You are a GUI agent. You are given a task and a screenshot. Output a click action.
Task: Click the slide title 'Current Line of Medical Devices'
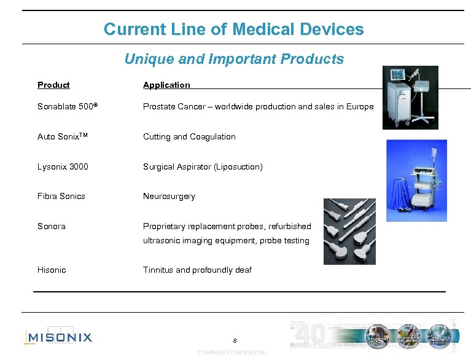coord(233,29)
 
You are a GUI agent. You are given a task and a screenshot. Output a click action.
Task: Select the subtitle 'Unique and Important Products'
coord(234,59)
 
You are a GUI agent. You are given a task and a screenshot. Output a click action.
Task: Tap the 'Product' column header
coord(53,85)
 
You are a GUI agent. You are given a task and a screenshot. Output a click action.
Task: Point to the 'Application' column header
coord(166,85)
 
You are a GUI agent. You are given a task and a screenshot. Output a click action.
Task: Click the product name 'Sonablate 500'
coord(66,106)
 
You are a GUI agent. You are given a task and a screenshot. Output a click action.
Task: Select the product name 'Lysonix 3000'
coord(63,166)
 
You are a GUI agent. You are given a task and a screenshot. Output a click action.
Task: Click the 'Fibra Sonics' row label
coord(61,196)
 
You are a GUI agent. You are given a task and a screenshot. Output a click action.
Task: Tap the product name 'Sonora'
coord(52,226)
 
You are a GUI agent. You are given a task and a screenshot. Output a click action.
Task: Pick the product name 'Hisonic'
coord(52,270)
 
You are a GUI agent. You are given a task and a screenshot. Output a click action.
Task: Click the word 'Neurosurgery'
coord(169,196)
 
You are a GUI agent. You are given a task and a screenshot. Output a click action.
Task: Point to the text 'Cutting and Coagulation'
coord(189,136)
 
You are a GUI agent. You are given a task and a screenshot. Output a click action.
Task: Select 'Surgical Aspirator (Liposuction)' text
coord(203,166)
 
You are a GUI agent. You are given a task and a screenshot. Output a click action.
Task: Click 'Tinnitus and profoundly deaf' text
coord(197,270)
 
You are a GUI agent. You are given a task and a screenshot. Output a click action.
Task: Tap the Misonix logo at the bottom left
coord(58,337)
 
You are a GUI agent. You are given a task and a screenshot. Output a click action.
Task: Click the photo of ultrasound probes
coord(349,230)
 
